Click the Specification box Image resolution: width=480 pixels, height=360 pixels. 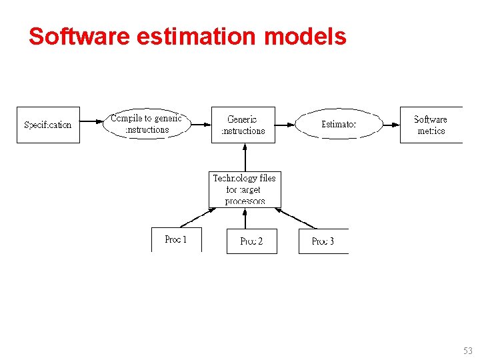click(48, 125)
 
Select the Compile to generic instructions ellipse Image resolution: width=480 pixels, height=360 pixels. click(146, 124)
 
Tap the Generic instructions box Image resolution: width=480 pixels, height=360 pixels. click(243, 125)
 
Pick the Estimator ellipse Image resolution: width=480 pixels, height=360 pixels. click(339, 124)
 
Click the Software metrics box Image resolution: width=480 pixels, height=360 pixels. click(431, 125)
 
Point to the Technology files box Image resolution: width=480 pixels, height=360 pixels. click(245, 189)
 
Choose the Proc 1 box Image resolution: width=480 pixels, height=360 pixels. click(176, 239)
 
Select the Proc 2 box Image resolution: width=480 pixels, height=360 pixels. click(251, 241)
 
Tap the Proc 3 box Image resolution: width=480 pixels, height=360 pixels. click(323, 241)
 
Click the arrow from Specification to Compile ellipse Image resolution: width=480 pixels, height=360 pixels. click(91, 124)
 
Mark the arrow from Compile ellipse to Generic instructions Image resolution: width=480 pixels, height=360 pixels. click(201, 124)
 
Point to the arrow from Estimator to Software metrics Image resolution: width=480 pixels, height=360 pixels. click(391, 124)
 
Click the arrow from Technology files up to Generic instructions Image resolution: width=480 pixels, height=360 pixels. click(245, 157)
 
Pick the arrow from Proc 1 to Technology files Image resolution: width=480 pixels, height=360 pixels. click(197, 218)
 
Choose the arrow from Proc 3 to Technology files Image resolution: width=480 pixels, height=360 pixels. click(296, 218)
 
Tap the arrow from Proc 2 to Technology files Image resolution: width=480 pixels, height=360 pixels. click(245, 218)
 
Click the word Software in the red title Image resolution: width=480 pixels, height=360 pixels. click(79, 36)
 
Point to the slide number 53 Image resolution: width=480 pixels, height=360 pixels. click(467, 351)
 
